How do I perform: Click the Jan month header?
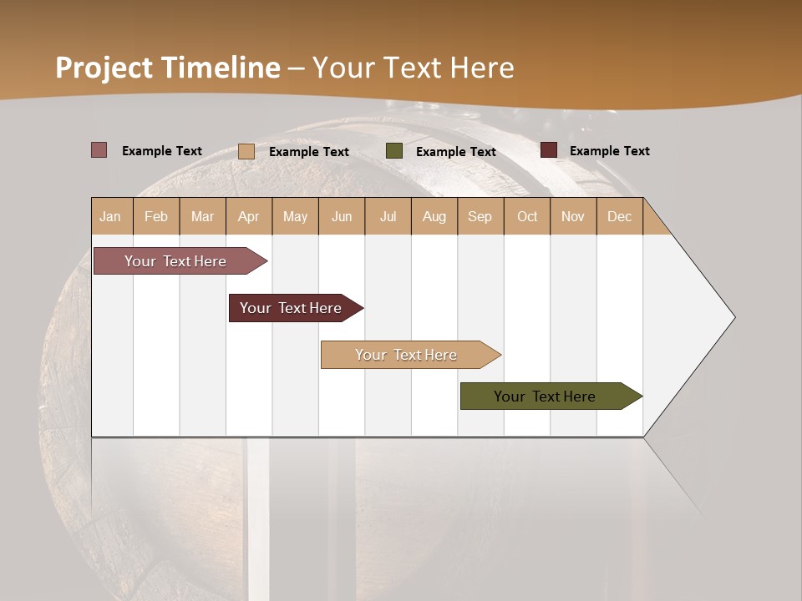pos(111,216)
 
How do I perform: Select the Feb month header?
pos(156,216)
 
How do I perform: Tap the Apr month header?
pos(249,216)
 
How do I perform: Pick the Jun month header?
pos(342,216)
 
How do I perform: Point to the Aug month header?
pos(434,216)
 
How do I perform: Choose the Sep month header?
pos(480,216)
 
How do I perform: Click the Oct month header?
pos(527,216)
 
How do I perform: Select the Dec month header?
pos(620,216)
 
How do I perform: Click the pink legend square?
pos(99,150)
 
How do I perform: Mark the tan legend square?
pos(246,151)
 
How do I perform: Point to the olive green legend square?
pos(394,151)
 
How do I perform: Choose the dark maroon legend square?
pos(548,150)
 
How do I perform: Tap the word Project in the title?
pos(104,68)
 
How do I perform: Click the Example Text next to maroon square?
pos(609,151)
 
